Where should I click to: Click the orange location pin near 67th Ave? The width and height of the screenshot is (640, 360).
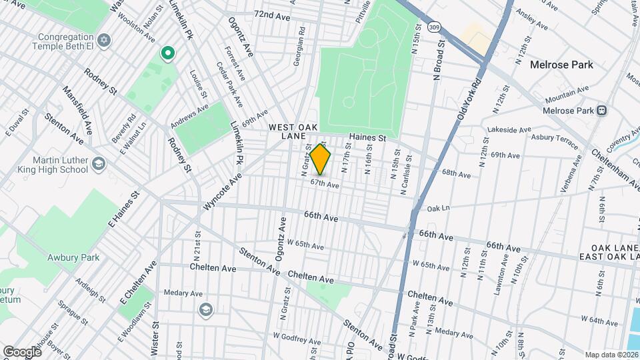click(321, 160)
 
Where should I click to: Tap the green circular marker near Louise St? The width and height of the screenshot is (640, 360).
click(167, 53)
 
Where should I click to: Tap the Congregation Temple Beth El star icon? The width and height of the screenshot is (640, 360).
click(103, 41)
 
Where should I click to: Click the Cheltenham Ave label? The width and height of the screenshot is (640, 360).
click(613, 167)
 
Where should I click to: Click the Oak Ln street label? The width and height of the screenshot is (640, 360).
click(439, 208)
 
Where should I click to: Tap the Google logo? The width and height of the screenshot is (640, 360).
click(23, 351)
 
